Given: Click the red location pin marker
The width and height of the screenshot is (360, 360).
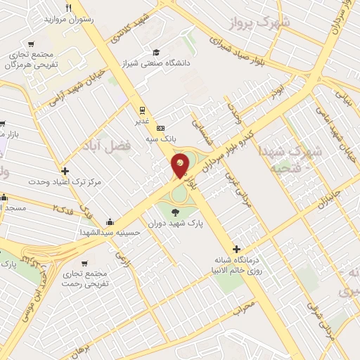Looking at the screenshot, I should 180,165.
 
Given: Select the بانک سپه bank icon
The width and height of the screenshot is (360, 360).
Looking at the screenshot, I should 161,128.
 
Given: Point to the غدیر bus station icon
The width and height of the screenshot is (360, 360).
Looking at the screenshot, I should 143,110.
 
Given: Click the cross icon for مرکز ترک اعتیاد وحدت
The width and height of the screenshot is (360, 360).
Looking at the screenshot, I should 65,170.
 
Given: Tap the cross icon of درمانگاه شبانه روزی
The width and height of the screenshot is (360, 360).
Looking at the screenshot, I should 237,249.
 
